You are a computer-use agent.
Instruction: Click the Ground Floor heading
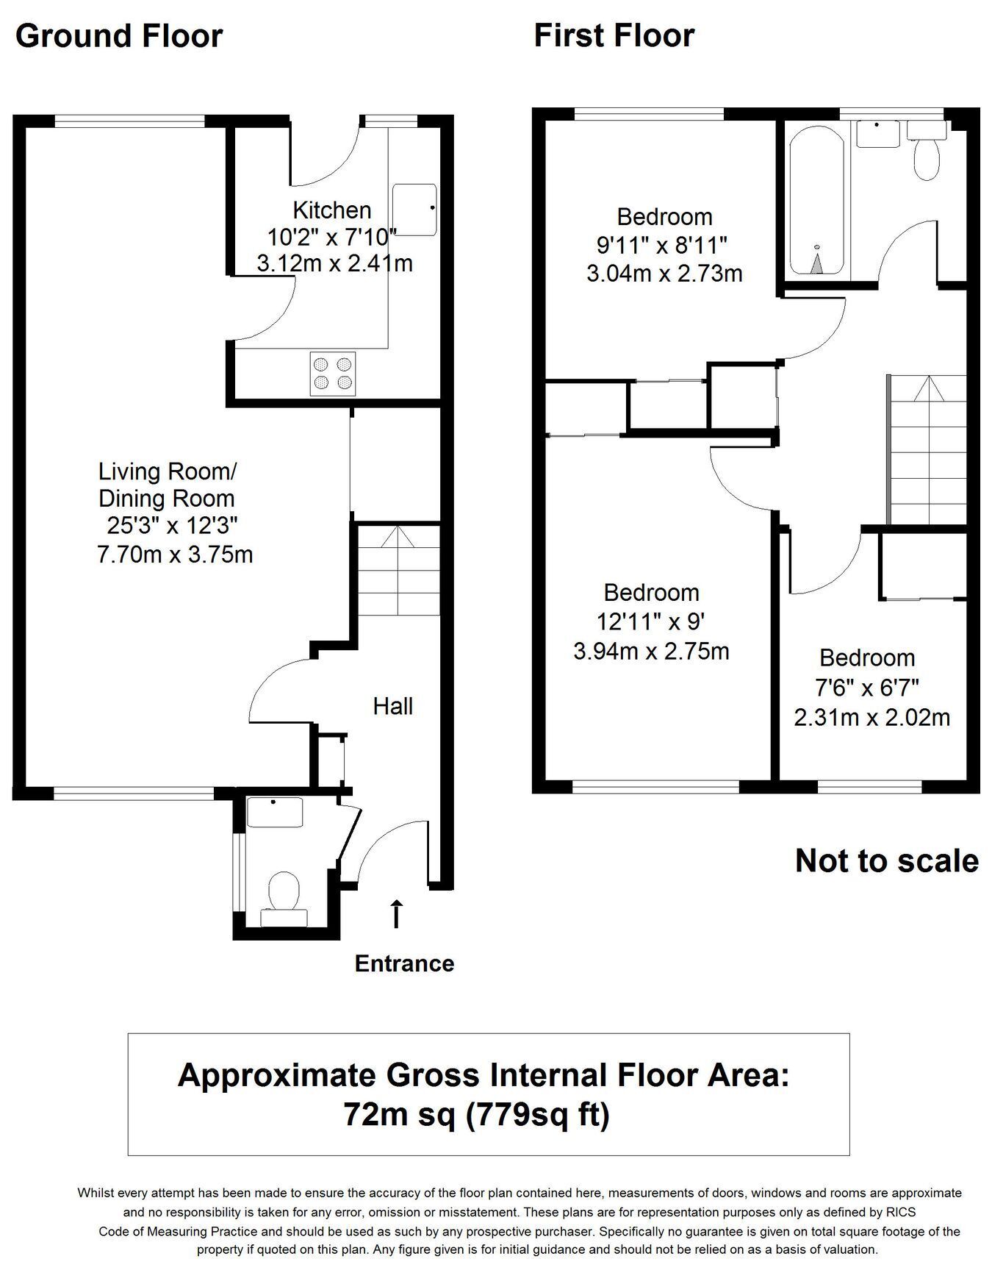pos(118,36)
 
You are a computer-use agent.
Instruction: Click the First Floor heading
pos(614,36)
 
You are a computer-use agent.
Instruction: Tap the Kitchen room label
pos(332,210)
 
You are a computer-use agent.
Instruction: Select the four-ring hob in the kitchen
pos(333,373)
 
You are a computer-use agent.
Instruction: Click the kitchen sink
pos(414,210)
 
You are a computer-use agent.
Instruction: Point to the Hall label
pos(393,706)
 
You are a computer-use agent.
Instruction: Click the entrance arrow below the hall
pos(396,913)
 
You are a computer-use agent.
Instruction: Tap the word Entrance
pos(404,963)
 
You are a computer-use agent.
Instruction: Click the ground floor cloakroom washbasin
pos(275,812)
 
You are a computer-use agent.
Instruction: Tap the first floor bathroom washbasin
pos(877,134)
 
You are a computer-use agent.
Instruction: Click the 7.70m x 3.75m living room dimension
pos(175,554)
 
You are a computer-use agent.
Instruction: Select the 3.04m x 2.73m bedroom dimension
pos(664,274)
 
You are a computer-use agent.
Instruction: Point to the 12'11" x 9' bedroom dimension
pos(651,622)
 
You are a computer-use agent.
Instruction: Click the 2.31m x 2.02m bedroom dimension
pos(872,717)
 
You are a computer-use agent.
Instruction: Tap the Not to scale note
pos(887,860)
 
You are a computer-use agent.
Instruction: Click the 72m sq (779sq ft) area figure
pos(477,1115)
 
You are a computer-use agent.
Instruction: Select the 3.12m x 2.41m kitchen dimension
pos(334,263)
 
